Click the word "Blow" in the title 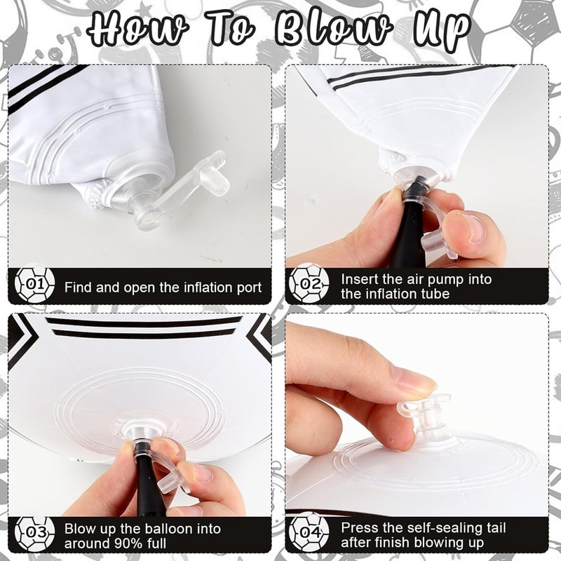333,29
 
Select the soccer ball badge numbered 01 34,285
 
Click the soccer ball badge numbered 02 309,284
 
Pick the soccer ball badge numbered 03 34,533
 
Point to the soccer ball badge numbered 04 309,532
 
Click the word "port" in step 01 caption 249,288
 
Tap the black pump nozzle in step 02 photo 414,222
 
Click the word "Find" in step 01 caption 78,288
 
